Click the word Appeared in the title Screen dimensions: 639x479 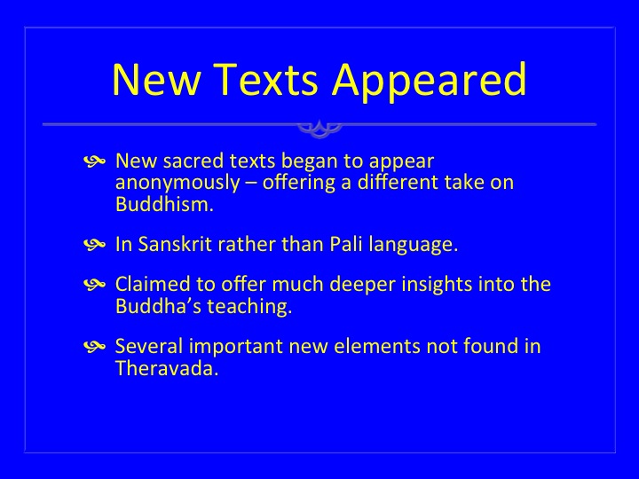click(x=430, y=80)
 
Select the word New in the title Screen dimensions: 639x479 click(x=157, y=80)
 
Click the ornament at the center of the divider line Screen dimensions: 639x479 click(x=319, y=128)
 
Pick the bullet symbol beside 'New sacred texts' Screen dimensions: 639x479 click(x=95, y=161)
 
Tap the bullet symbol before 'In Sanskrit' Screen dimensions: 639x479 click(x=95, y=245)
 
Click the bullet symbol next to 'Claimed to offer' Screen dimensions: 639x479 click(x=95, y=284)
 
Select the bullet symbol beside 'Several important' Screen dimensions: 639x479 click(x=95, y=347)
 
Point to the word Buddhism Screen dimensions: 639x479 click(x=165, y=204)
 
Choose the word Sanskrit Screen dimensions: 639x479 click(x=175, y=245)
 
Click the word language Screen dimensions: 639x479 click(x=414, y=246)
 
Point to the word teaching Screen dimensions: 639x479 click(x=249, y=308)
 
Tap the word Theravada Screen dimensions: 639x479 click(x=167, y=369)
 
